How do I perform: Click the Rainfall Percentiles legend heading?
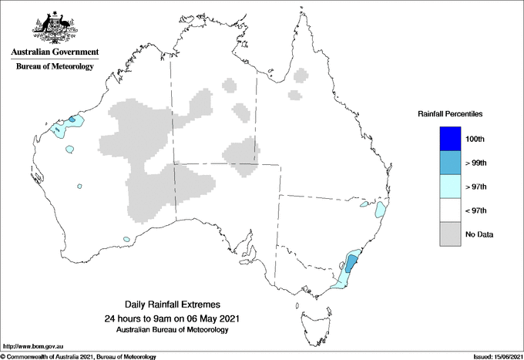click(x=450, y=114)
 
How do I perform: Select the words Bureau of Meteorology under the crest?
click(x=55, y=66)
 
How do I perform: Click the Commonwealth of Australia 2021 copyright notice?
click(x=80, y=356)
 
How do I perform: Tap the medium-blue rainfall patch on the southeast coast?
click(x=351, y=263)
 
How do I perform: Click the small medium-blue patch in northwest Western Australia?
click(x=72, y=119)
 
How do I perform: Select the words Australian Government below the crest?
click(x=55, y=52)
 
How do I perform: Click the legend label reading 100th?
click(x=475, y=139)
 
